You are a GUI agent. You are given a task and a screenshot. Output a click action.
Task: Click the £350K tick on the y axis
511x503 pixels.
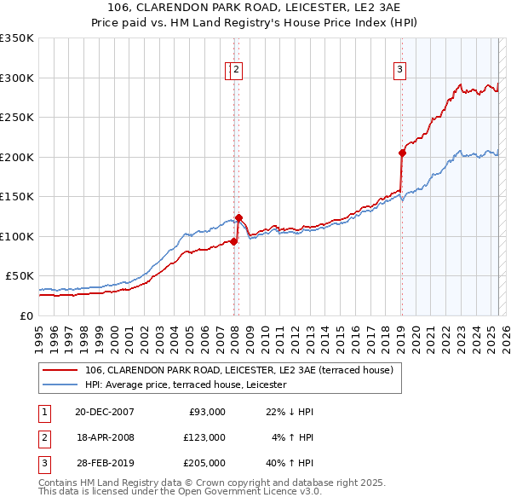click(17, 38)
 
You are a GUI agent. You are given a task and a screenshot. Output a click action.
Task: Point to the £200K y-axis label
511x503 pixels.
click(17, 157)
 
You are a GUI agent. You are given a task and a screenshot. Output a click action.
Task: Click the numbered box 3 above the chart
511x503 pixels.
click(399, 71)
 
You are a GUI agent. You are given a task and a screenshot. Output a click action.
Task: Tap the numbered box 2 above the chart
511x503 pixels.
click(238, 71)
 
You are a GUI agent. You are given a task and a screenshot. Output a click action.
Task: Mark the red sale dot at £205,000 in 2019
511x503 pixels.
click(402, 153)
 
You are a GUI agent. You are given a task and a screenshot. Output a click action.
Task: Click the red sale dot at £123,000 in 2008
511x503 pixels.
click(238, 217)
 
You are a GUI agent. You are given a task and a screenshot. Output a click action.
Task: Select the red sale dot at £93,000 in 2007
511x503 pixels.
click(233, 241)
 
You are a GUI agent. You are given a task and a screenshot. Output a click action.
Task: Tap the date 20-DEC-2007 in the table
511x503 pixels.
click(105, 412)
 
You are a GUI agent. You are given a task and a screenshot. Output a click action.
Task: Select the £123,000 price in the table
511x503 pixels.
click(204, 437)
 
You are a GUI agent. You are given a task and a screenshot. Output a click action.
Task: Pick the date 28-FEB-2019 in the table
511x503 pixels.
click(105, 463)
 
